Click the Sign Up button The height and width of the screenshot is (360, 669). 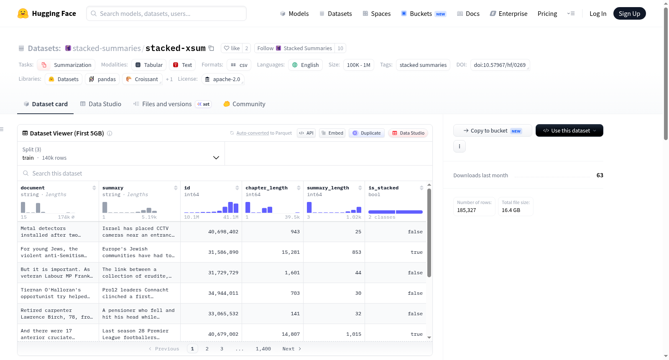point(629,13)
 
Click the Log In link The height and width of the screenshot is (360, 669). point(598,13)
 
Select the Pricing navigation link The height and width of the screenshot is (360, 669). point(547,13)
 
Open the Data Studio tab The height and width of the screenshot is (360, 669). point(101,104)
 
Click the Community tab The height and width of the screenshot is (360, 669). point(244,104)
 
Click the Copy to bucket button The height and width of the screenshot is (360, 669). point(493,130)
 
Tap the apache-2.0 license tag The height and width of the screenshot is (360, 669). point(223,79)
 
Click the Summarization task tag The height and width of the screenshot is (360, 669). point(66,65)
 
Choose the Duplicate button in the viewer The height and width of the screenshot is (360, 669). point(366,133)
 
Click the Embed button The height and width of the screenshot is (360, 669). point(332,133)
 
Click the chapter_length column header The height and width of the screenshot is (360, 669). point(266,188)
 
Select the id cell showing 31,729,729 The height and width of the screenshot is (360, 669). point(223,273)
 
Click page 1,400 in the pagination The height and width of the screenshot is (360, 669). point(263,349)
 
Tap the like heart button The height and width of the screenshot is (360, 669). point(232,48)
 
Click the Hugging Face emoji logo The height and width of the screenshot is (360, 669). point(23,13)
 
